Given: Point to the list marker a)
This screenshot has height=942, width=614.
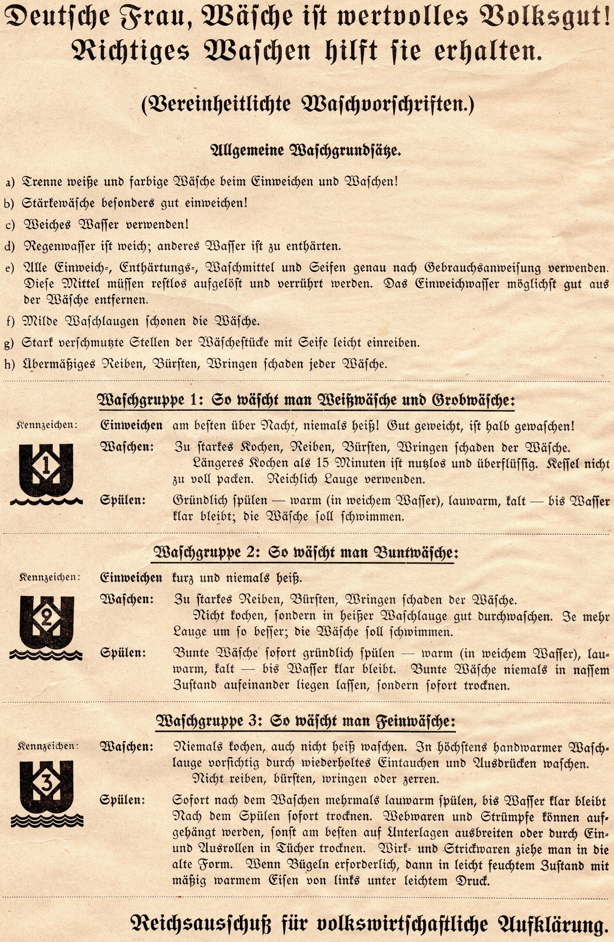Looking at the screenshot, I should pos(10,182).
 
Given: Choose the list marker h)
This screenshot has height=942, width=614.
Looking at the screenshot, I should pos(10,364).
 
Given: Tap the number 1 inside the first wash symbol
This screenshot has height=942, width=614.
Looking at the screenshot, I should pos(46,466).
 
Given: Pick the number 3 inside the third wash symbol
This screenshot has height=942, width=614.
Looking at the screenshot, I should pos(47,783).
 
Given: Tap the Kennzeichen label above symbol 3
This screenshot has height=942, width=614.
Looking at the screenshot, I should pos(47,746).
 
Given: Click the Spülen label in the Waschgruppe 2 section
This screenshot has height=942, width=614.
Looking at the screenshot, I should pos(123,653).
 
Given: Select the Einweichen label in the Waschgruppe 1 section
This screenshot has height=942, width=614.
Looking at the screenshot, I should pos(131,425).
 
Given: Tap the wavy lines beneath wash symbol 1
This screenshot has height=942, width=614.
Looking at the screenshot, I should pos(46,501).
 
